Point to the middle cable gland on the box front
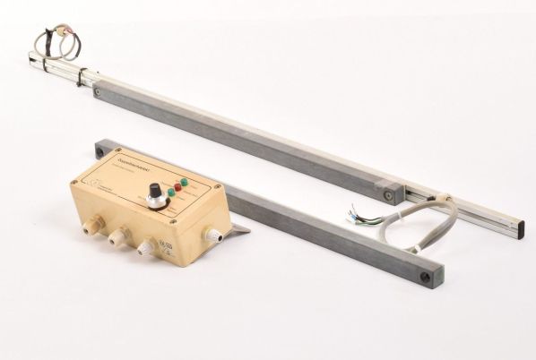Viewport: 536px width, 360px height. click(117, 238)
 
